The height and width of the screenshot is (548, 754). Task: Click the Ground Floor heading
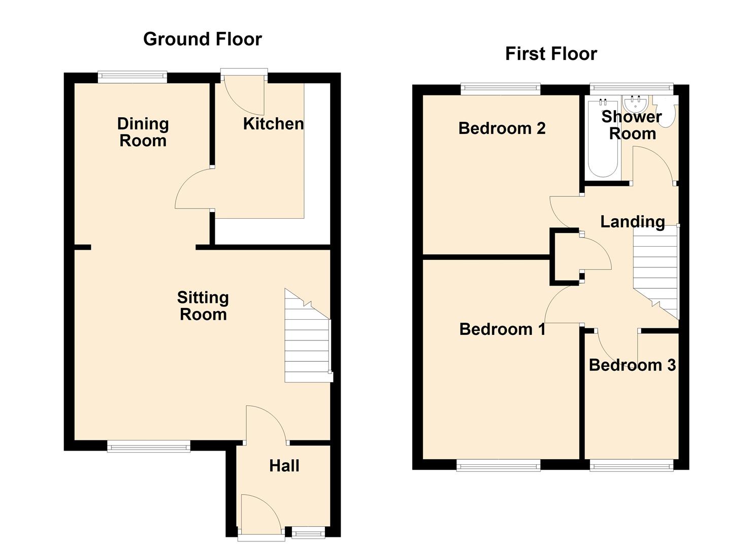point(202,39)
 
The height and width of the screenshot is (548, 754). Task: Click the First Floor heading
point(551,54)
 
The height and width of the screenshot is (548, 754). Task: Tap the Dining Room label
point(143,132)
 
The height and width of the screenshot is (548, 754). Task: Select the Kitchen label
point(273,124)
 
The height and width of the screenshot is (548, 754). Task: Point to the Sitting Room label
point(203,306)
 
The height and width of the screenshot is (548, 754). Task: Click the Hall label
point(284,466)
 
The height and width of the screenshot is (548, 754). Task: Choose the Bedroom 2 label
point(502,128)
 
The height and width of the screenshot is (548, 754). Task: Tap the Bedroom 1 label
point(502,329)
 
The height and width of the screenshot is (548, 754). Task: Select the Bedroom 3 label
point(632,365)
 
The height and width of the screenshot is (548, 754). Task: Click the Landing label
point(633,222)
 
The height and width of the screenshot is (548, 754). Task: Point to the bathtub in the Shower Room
point(603,139)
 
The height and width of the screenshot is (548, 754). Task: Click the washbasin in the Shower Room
point(634,104)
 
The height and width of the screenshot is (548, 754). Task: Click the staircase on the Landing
point(655,272)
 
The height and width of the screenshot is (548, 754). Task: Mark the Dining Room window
point(133,77)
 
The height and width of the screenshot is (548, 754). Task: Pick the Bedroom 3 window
point(632,466)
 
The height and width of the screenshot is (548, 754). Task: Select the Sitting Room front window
point(149,447)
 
